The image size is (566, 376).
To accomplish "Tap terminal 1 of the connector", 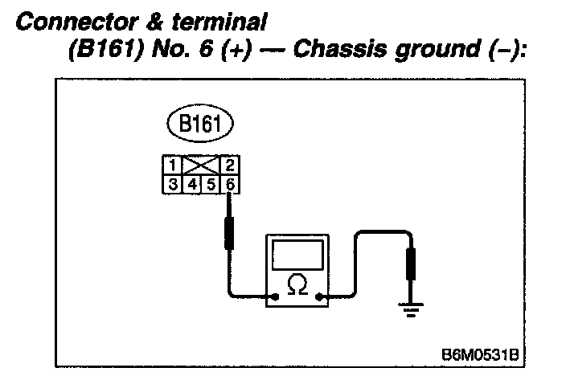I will (x=171, y=165).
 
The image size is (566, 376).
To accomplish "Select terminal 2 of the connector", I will (x=231, y=165).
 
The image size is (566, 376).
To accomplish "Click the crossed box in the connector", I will (x=201, y=165).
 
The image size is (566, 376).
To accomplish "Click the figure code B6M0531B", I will (x=480, y=354).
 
